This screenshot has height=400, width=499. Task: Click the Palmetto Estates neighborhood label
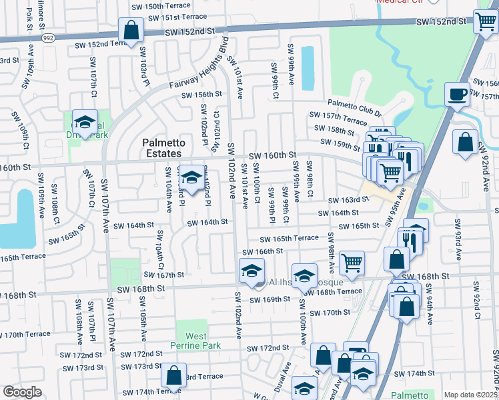(161, 148)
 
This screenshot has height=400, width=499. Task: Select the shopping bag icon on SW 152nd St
(131, 30)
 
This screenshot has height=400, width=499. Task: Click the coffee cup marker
(458, 95)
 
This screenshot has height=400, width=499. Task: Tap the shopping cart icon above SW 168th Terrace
(351, 262)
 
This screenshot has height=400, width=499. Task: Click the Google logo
(22, 392)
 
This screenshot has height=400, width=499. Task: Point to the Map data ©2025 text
(470, 395)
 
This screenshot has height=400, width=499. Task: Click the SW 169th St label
(270, 299)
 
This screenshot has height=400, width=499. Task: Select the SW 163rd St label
(345, 200)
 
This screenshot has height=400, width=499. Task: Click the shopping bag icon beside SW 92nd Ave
(464, 141)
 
